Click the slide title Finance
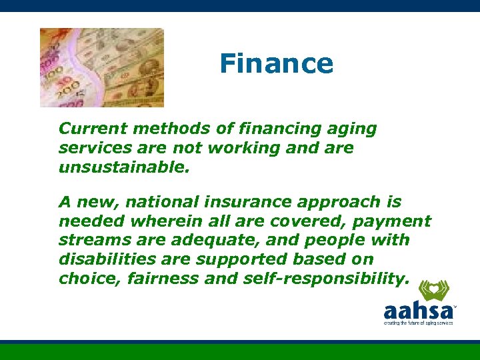[276, 64]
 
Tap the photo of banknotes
[101, 67]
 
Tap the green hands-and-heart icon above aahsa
[433, 291]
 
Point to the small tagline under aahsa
[418, 323]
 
